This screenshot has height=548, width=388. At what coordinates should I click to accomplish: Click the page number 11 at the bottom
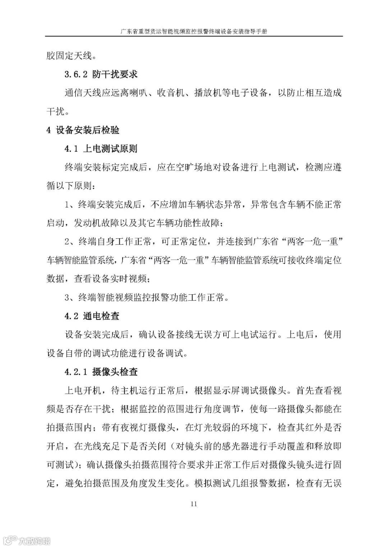coord(194,504)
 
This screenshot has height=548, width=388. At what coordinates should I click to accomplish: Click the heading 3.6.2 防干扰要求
coord(101,74)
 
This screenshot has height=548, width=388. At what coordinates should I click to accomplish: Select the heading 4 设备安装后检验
coord(83,130)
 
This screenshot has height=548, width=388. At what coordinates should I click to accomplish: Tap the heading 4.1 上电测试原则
coord(101,149)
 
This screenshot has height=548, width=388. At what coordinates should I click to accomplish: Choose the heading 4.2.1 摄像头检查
coord(101,372)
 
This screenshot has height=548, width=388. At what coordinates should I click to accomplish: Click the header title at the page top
coord(194,31)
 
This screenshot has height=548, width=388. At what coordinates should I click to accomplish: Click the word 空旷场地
coord(185,167)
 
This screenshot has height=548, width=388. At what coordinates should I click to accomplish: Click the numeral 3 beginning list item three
coord(67,298)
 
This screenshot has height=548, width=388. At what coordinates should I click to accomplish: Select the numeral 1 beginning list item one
coord(67,205)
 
